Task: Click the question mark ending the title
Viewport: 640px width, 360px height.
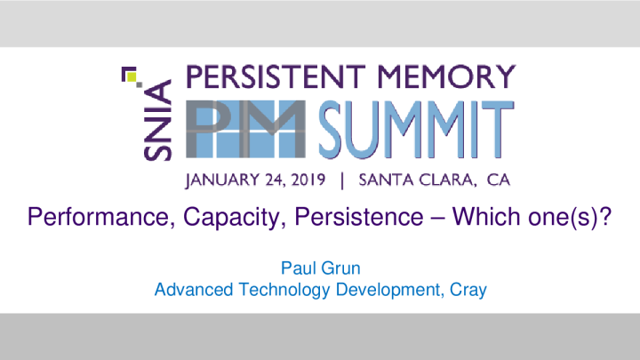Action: tap(604, 216)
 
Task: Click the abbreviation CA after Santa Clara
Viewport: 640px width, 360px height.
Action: tap(499, 180)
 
